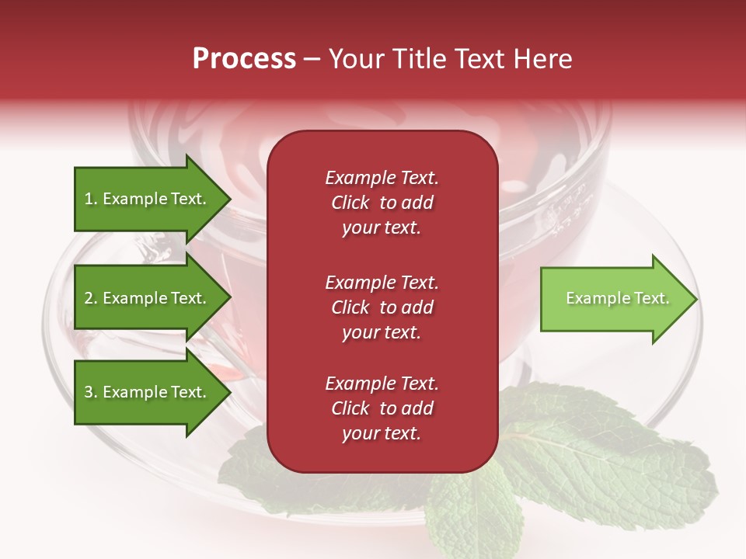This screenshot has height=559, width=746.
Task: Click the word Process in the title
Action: point(244,59)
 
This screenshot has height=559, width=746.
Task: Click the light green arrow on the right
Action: point(614,298)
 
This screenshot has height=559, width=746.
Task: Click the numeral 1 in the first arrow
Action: point(89,199)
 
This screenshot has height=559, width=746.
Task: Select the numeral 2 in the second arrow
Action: point(89,298)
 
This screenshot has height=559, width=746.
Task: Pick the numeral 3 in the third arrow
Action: point(89,392)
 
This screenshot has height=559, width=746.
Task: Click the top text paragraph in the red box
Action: point(382,203)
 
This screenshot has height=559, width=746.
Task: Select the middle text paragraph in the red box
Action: point(382,307)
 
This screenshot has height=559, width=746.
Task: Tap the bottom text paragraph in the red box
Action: point(382,408)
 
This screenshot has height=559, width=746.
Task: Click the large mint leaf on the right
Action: point(614,458)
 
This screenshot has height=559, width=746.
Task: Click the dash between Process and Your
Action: point(312,59)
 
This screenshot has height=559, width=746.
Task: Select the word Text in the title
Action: point(485,59)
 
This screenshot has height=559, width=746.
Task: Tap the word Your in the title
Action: point(356,59)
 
